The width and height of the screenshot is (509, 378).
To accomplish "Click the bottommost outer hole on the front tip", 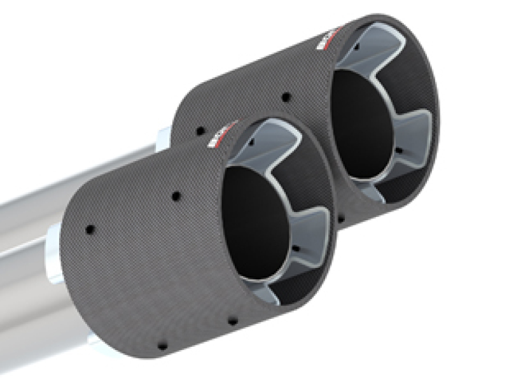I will (x=162, y=345).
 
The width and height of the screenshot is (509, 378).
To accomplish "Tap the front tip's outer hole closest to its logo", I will (x=175, y=197).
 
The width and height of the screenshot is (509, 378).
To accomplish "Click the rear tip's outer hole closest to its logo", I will (x=286, y=97).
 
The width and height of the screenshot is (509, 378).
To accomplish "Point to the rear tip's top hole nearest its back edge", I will (x=201, y=131).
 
